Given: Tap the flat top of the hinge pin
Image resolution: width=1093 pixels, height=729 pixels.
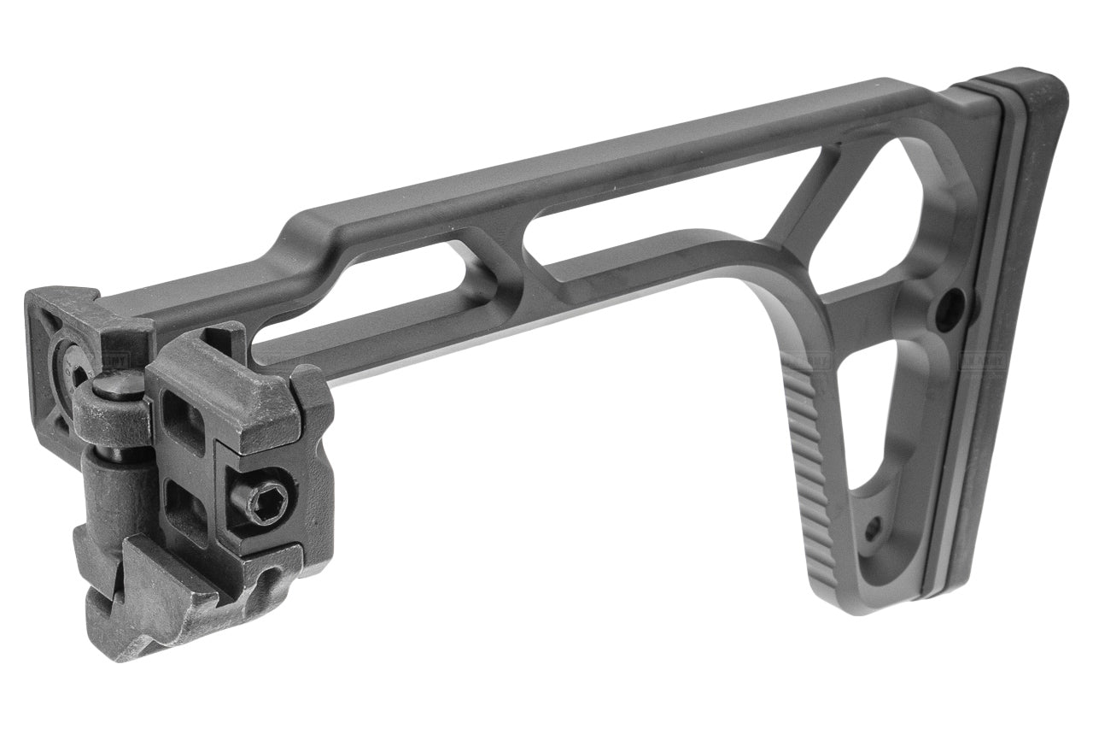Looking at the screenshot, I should point(114,387).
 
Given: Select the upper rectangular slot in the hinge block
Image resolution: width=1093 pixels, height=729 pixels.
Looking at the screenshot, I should point(183,422).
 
